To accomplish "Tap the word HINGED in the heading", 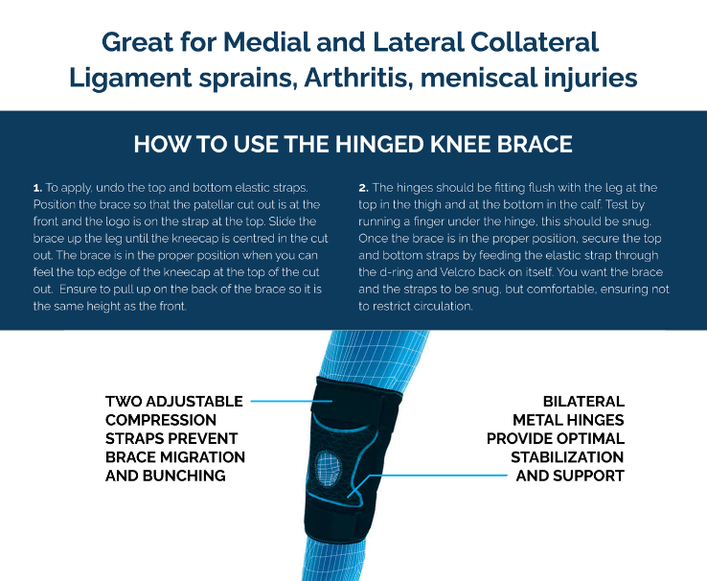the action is click(360, 145).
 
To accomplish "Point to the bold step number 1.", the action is click(36, 188).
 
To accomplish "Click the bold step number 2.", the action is click(363, 188).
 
